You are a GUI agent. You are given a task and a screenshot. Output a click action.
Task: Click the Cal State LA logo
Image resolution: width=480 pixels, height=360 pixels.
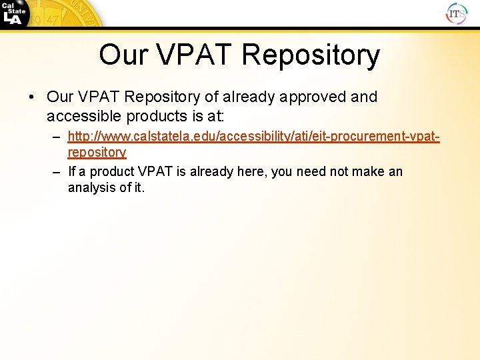[x=15, y=14]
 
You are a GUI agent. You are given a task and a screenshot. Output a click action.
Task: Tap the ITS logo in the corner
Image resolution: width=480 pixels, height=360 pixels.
[x=457, y=13]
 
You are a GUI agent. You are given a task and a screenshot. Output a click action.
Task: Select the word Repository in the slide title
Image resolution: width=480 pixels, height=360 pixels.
[x=311, y=55]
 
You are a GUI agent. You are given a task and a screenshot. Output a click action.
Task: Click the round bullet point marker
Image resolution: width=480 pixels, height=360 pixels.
[x=32, y=97]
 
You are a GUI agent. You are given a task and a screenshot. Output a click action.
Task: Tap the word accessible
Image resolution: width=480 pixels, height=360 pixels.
[x=82, y=116]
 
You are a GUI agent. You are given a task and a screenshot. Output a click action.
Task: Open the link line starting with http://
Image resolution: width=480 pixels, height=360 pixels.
[x=253, y=137]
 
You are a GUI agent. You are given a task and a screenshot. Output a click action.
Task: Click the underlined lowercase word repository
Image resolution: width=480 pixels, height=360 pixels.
[x=97, y=153]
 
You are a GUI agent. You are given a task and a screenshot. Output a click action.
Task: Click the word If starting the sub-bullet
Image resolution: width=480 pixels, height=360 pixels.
[x=72, y=172]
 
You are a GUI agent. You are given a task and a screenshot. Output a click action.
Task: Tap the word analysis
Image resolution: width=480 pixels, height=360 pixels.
[x=90, y=188]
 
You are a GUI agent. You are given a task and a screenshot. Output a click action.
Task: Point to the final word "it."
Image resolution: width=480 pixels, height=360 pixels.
[x=137, y=188]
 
